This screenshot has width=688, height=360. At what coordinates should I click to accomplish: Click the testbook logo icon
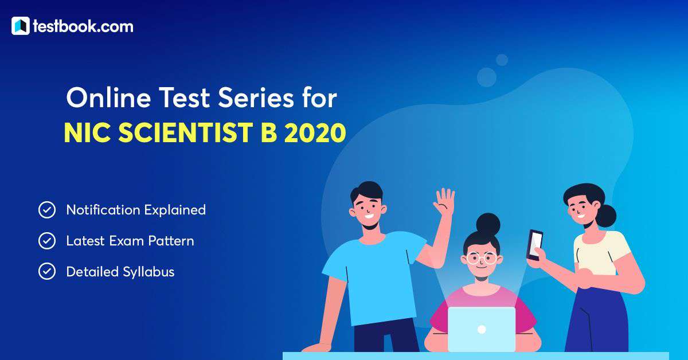click(21, 26)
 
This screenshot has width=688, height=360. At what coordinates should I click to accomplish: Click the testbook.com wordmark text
click(83, 26)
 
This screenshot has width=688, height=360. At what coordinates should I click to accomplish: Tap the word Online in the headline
click(108, 98)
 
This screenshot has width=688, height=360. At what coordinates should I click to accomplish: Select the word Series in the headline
click(256, 98)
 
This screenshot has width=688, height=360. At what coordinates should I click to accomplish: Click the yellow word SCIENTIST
click(186, 133)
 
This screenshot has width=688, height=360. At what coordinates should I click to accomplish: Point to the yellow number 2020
click(315, 133)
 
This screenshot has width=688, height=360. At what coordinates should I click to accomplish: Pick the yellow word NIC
click(88, 133)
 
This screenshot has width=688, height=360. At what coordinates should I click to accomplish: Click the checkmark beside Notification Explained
click(47, 210)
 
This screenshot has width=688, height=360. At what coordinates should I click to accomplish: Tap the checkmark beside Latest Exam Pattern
click(47, 241)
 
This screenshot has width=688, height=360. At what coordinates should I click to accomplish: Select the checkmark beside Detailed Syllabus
click(47, 272)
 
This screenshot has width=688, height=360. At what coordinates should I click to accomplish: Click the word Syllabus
click(148, 272)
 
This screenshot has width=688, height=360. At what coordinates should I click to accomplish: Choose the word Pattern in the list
click(171, 241)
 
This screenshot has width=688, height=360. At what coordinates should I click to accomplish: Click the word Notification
click(103, 210)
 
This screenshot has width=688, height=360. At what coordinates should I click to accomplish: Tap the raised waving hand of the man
click(444, 201)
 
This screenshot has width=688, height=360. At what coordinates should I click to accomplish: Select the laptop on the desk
click(482, 329)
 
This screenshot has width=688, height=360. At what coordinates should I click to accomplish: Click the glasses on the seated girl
click(481, 258)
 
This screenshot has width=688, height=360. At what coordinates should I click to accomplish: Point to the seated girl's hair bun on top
click(488, 224)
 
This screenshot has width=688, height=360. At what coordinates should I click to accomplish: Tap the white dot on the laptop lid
click(482, 329)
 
